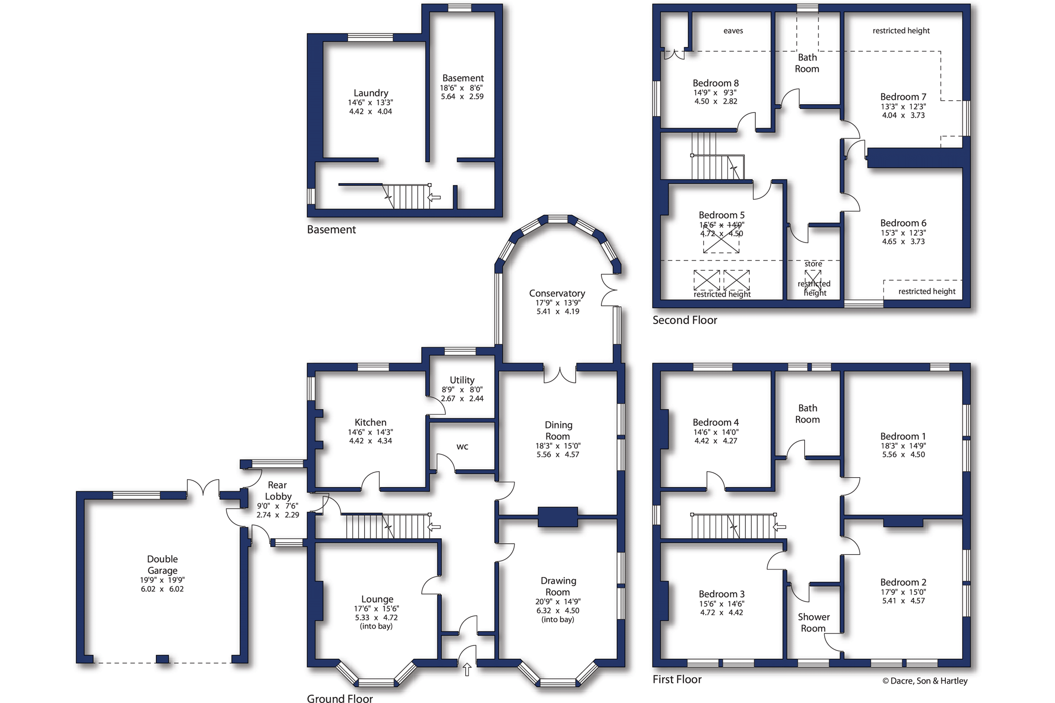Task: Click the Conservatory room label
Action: click(x=557, y=293)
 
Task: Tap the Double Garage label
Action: click(x=162, y=565)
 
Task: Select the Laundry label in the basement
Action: click(x=371, y=93)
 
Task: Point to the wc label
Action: click(x=462, y=447)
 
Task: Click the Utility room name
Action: click(x=462, y=380)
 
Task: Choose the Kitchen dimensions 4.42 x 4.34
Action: click(x=370, y=441)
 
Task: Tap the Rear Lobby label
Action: click(x=277, y=491)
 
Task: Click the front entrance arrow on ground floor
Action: click(x=467, y=669)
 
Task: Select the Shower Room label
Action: click(x=813, y=623)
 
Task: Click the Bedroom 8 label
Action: click(x=716, y=83)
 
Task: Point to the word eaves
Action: click(x=733, y=31)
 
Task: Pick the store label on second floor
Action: click(x=813, y=264)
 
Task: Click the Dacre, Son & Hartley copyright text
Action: click(x=925, y=681)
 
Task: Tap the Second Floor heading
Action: click(x=685, y=320)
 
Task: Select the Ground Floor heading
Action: click(x=340, y=699)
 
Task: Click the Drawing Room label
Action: click(x=558, y=586)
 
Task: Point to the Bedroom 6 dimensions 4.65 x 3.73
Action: click(x=903, y=242)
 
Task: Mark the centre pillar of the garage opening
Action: click(x=162, y=659)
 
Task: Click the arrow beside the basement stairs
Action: click(x=434, y=197)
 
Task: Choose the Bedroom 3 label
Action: click(x=722, y=594)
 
